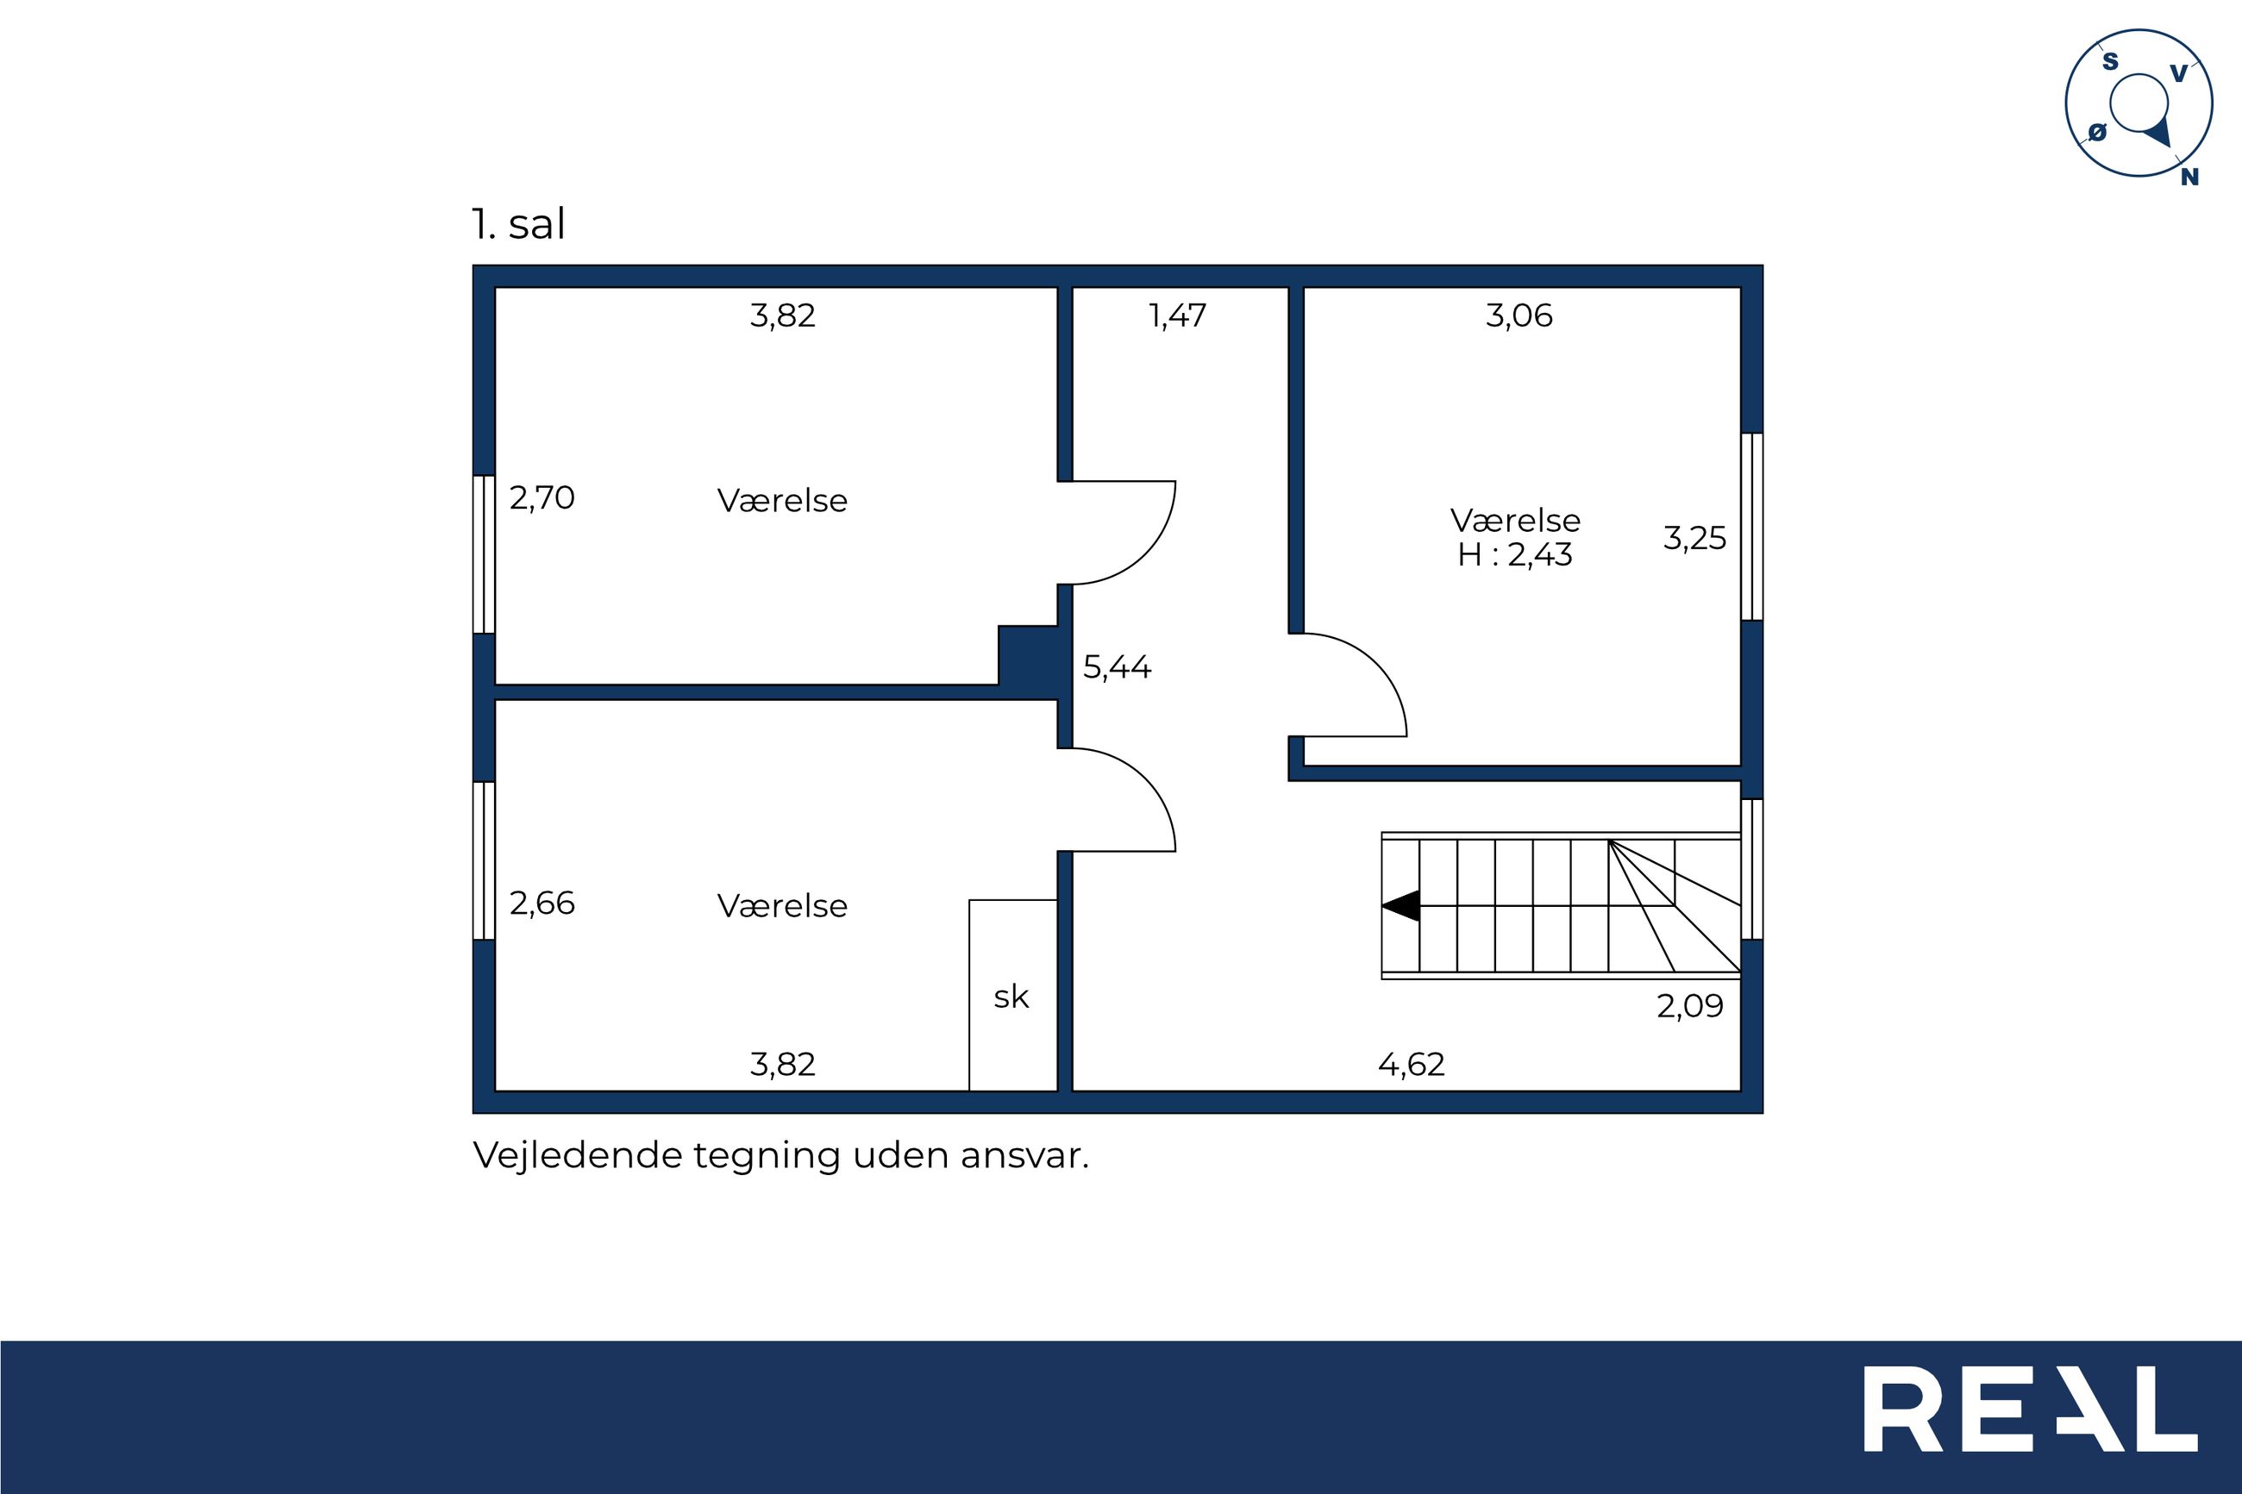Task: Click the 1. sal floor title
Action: click(518, 225)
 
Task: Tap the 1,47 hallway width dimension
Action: click(1179, 316)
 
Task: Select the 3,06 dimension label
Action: click(1519, 316)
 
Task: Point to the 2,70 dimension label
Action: click(542, 498)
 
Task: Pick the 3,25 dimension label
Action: click(1694, 538)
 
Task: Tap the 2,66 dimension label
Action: click(542, 903)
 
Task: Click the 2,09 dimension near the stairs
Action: click(1689, 1006)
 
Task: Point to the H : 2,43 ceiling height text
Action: click(1515, 554)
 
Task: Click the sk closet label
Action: click(1011, 997)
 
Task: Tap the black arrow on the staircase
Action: click(1400, 905)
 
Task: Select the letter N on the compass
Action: click(2189, 176)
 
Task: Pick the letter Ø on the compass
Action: click(2097, 133)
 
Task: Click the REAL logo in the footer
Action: click(2031, 1409)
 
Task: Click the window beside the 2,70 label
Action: click(484, 553)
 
